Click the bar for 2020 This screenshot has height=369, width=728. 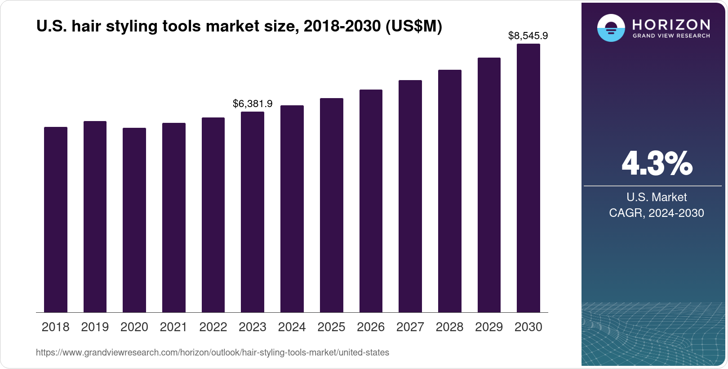point(134,220)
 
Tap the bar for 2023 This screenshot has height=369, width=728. point(253,212)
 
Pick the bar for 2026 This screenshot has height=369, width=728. point(371,201)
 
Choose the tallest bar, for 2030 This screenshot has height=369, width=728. point(528,178)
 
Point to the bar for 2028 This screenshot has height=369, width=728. point(450,191)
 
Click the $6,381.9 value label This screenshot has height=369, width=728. point(253,104)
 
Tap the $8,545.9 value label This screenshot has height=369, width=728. point(528,36)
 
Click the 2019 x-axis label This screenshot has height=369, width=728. point(95,327)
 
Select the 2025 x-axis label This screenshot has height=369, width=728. point(331,327)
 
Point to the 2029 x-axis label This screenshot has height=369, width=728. point(489,327)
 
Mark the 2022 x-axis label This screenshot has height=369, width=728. point(213,327)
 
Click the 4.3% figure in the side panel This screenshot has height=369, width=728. point(657,164)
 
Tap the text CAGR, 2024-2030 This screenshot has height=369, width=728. point(656,213)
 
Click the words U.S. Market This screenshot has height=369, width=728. point(657,197)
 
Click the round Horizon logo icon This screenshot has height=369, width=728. point(611,28)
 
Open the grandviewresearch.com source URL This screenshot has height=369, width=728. point(213,352)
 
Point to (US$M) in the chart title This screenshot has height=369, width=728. point(414,27)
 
